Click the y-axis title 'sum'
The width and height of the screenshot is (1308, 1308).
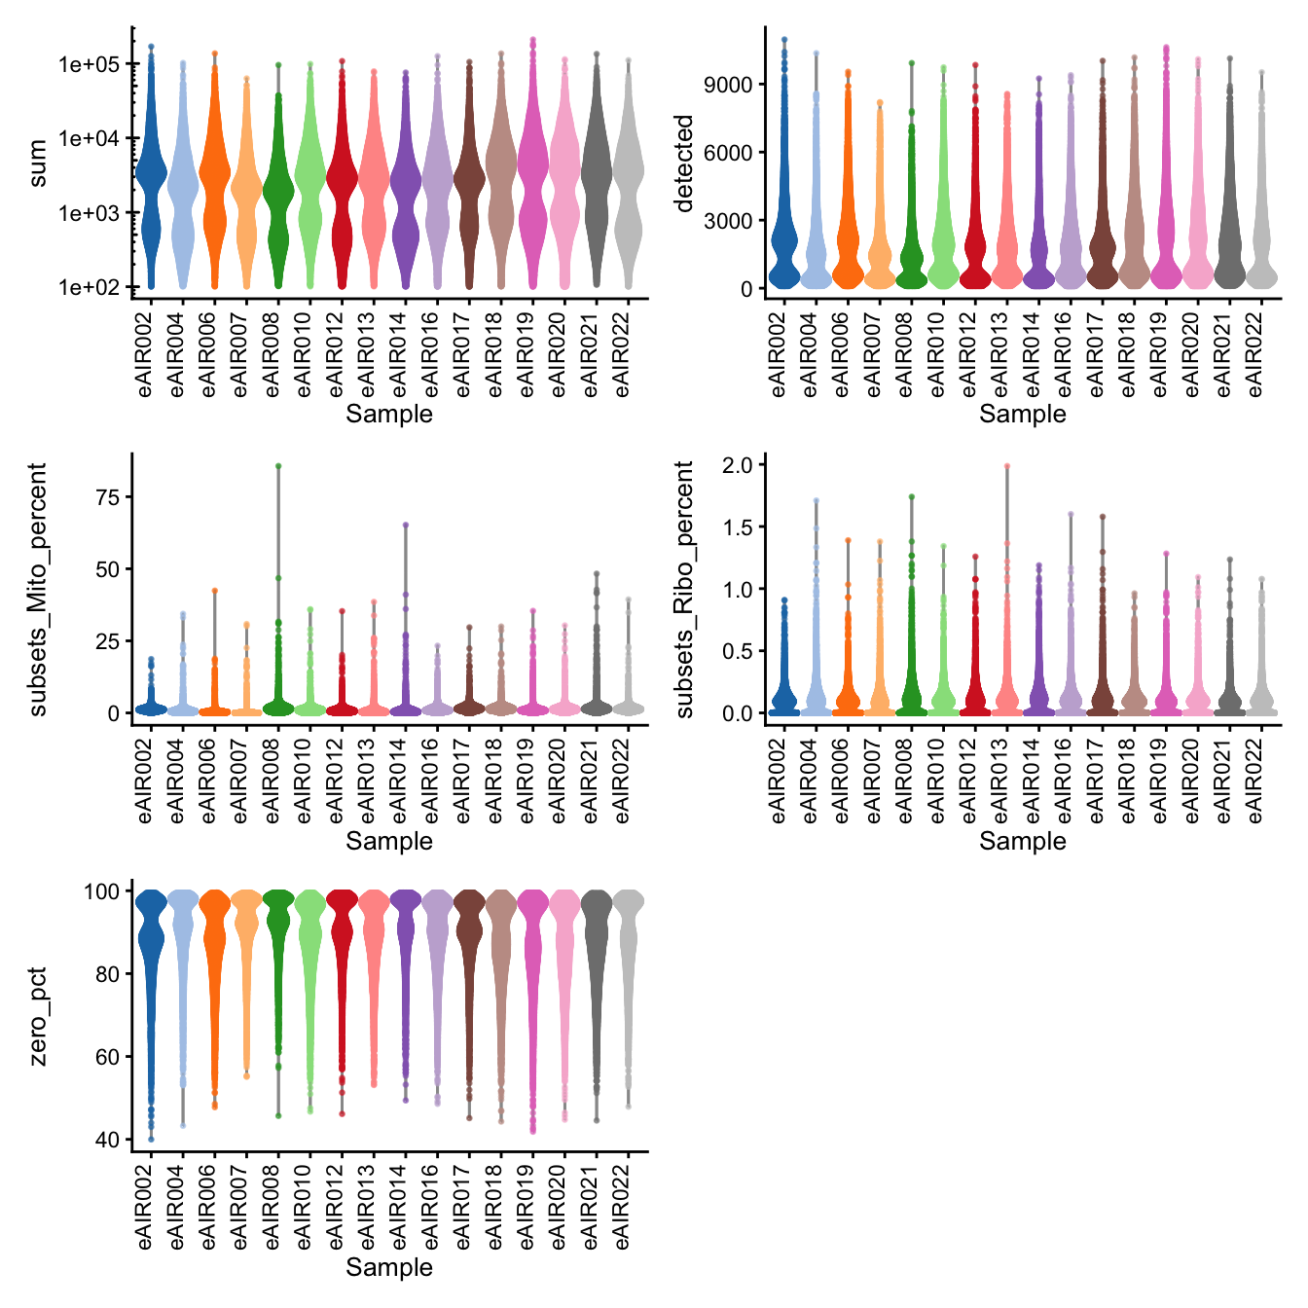[x=38, y=163]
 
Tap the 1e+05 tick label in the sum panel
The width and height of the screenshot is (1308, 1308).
[x=89, y=65]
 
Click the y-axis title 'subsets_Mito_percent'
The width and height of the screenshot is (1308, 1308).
[x=38, y=589]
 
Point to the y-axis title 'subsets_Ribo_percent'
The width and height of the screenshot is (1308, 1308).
[x=685, y=589]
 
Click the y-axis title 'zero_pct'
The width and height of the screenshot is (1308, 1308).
[x=38, y=1016]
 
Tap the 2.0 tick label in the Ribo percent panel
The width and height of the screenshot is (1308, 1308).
[x=737, y=465]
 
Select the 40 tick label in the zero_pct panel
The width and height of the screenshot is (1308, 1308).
[x=107, y=1140]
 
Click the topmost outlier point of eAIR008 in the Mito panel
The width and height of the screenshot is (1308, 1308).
[x=278, y=466]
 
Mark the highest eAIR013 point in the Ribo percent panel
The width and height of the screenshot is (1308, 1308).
[x=1007, y=466]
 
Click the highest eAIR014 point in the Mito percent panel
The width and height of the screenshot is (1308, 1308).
[x=406, y=526]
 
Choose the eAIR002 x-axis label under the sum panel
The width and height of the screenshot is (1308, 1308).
[x=146, y=350]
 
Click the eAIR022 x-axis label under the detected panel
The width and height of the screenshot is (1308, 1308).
[x=1256, y=350]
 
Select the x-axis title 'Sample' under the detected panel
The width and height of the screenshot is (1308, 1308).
[x=1022, y=414]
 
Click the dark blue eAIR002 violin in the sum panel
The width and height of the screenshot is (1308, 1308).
[x=151, y=175]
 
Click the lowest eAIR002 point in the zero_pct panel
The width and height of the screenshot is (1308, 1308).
[x=151, y=1138]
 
